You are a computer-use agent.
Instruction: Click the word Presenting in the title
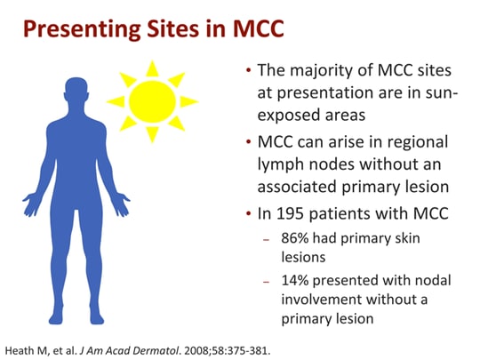(82, 29)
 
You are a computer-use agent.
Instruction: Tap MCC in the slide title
(259, 28)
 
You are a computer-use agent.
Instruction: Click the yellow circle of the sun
(153, 101)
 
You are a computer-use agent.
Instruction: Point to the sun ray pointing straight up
(152, 68)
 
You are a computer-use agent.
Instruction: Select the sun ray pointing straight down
(152, 135)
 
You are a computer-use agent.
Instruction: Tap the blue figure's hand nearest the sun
(122, 204)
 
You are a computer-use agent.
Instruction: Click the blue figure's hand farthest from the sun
(31, 204)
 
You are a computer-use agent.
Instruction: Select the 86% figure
(295, 238)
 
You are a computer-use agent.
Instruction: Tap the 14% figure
(295, 280)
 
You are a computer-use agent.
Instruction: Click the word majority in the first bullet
(332, 72)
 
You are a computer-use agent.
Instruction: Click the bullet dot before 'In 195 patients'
(249, 213)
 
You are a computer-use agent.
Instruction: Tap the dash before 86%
(266, 239)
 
